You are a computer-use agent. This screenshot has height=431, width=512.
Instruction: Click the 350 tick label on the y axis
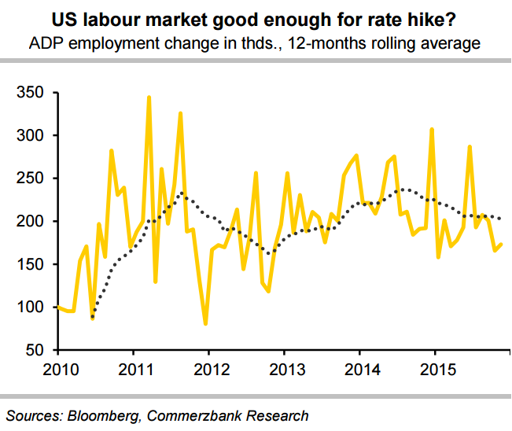30,94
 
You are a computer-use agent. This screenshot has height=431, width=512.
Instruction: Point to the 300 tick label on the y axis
30,136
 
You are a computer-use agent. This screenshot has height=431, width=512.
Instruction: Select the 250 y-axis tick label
30,179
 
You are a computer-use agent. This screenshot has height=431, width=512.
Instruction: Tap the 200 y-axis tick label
30,222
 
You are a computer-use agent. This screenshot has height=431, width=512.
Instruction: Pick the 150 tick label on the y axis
30,264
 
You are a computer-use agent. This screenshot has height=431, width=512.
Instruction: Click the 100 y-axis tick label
30,307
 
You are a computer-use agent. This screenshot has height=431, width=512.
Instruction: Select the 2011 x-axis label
134,370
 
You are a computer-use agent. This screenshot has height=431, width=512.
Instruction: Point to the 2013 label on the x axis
285,370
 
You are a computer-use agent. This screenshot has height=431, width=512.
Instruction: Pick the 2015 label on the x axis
436,370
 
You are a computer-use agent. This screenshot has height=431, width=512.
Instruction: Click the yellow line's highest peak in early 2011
149,98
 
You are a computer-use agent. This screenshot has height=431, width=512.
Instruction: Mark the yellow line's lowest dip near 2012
205,323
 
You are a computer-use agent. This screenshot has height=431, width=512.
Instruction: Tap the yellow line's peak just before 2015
431,129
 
